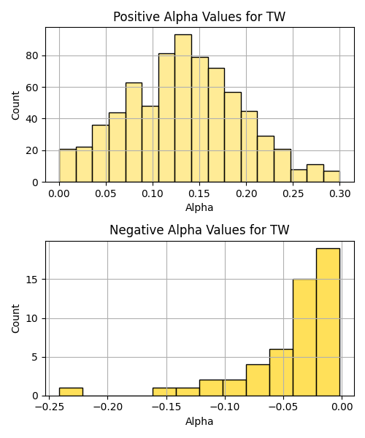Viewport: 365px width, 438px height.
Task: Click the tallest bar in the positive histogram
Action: click(183, 108)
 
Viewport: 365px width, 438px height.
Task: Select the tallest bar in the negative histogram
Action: click(328, 322)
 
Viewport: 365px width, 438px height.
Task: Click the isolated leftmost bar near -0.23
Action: click(71, 392)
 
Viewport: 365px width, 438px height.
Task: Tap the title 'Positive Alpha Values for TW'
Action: click(199, 17)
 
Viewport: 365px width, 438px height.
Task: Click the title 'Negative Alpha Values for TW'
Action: click(199, 230)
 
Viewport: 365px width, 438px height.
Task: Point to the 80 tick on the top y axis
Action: click(32, 56)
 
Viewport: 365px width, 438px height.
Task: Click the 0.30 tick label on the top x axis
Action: click(340, 193)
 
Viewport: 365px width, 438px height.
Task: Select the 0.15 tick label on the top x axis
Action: click(199, 193)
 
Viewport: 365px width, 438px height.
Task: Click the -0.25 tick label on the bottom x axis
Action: click(49, 407)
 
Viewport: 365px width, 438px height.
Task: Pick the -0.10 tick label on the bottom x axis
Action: click(225, 407)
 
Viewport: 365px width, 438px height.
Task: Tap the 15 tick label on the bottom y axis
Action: click(32, 280)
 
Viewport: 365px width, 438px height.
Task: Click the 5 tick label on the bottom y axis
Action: click(35, 357)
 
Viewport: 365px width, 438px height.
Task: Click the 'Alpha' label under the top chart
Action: click(199, 207)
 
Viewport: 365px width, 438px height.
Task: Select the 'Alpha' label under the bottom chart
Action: click(199, 421)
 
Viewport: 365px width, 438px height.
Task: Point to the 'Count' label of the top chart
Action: click(15, 106)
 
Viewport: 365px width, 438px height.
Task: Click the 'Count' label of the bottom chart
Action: click(15, 319)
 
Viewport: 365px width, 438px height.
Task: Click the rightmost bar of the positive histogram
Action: click(331, 177)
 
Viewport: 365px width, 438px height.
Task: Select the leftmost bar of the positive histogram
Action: click(68, 166)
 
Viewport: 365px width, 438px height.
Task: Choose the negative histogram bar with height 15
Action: click(304, 337)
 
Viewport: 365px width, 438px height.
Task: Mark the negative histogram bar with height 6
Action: click(281, 372)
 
